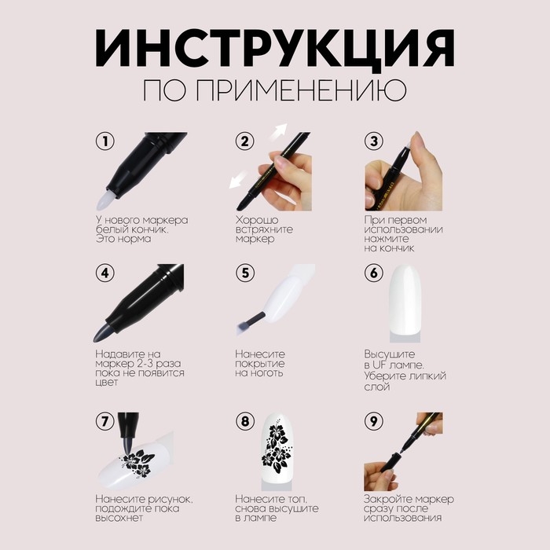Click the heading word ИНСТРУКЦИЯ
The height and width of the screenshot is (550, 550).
coord(275,52)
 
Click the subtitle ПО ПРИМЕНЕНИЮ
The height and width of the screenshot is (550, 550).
coord(274,90)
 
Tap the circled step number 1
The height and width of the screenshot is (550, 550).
coord(104,142)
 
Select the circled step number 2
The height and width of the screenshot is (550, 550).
coord(245,142)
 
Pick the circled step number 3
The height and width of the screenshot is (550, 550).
coord(375,142)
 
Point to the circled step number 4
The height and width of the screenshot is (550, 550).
coord(104,274)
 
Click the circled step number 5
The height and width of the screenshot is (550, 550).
coord(245,274)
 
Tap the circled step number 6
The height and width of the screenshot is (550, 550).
coord(375,274)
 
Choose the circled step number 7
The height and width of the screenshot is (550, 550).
coord(104,421)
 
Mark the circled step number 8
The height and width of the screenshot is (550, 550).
coord(245,421)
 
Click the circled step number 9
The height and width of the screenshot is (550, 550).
coord(375,421)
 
